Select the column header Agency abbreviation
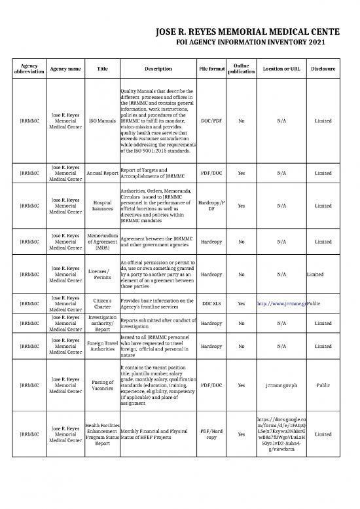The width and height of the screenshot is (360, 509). click(x=29, y=69)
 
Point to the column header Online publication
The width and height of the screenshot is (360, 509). click(x=242, y=69)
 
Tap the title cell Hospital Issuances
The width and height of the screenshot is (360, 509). click(x=102, y=206)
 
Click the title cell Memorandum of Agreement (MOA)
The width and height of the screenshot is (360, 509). click(x=102, y=242)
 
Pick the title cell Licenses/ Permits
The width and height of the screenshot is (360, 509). click(x=102, y=274)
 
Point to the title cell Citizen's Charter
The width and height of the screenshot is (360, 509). click(x=102, y=305)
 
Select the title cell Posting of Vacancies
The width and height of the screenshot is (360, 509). click(x=102, y=386)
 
